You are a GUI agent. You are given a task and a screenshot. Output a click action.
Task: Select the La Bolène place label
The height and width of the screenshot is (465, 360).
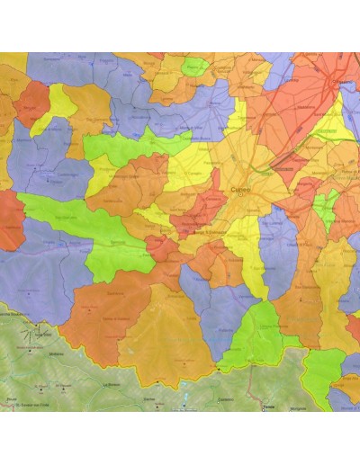point(112,384)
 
